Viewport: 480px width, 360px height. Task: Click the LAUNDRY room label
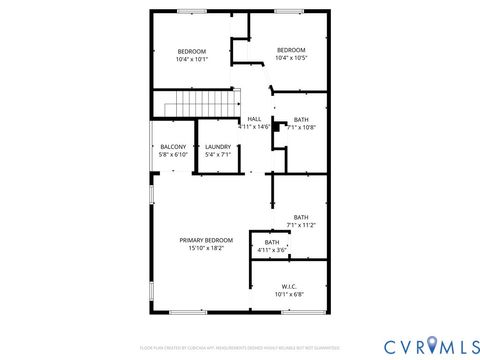coord(217,147)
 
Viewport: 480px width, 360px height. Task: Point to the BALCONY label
coord(173,147)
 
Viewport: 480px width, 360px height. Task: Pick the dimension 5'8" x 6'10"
coord(173,155)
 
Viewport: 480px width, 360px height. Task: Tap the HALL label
coord(254,119)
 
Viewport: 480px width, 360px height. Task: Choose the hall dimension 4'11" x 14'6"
coord(254,127)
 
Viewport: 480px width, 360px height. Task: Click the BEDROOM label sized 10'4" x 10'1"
coord(192,51)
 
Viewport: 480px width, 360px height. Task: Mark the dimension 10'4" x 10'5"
coord(291,58)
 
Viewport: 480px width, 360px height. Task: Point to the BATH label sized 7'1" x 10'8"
coord(301,119)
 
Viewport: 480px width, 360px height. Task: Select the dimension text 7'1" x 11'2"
coord(301,225)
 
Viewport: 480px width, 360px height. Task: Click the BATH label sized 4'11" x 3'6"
coord(272,242)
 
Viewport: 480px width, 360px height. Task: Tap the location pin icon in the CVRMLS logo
coord(432,345)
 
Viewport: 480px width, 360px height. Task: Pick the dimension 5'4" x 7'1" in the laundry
coord(217,155)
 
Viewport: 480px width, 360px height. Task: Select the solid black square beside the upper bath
coord(275,128)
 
